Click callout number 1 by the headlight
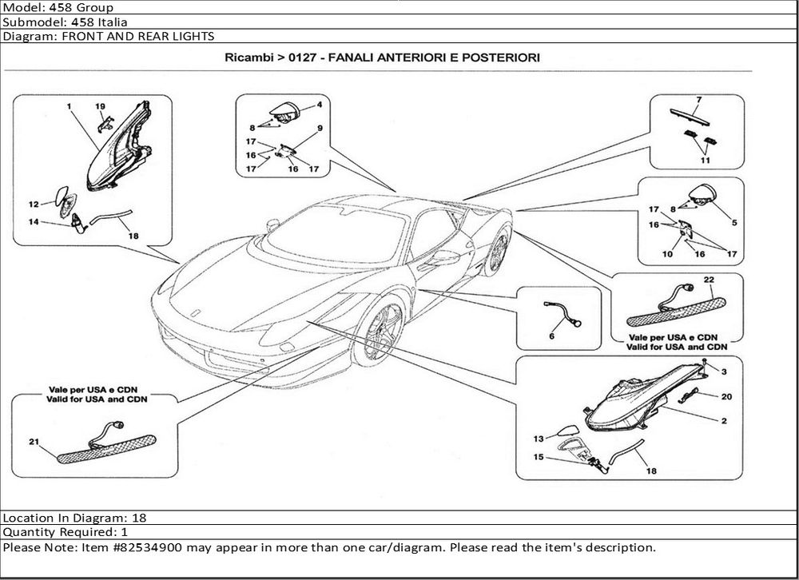click(x=70, y=106)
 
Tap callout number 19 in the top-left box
click(x=101, y=106)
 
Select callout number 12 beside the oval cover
click(x=34, y=204)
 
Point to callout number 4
click(x=319, y=105)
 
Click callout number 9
click(x=319, y=129)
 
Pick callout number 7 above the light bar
click(x=698, y=100)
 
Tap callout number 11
click(x=705, y=161)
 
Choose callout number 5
click(x=734, y=221)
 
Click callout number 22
click(x=708, y=279)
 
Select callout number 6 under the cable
click(x=551, y=337)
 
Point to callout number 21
click(x=34, y=442)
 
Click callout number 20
click(x=726, y=396)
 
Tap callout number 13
click(x=539, y=439)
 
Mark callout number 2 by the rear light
click(x=722, y=420)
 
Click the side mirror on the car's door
click(x=439, y=258)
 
